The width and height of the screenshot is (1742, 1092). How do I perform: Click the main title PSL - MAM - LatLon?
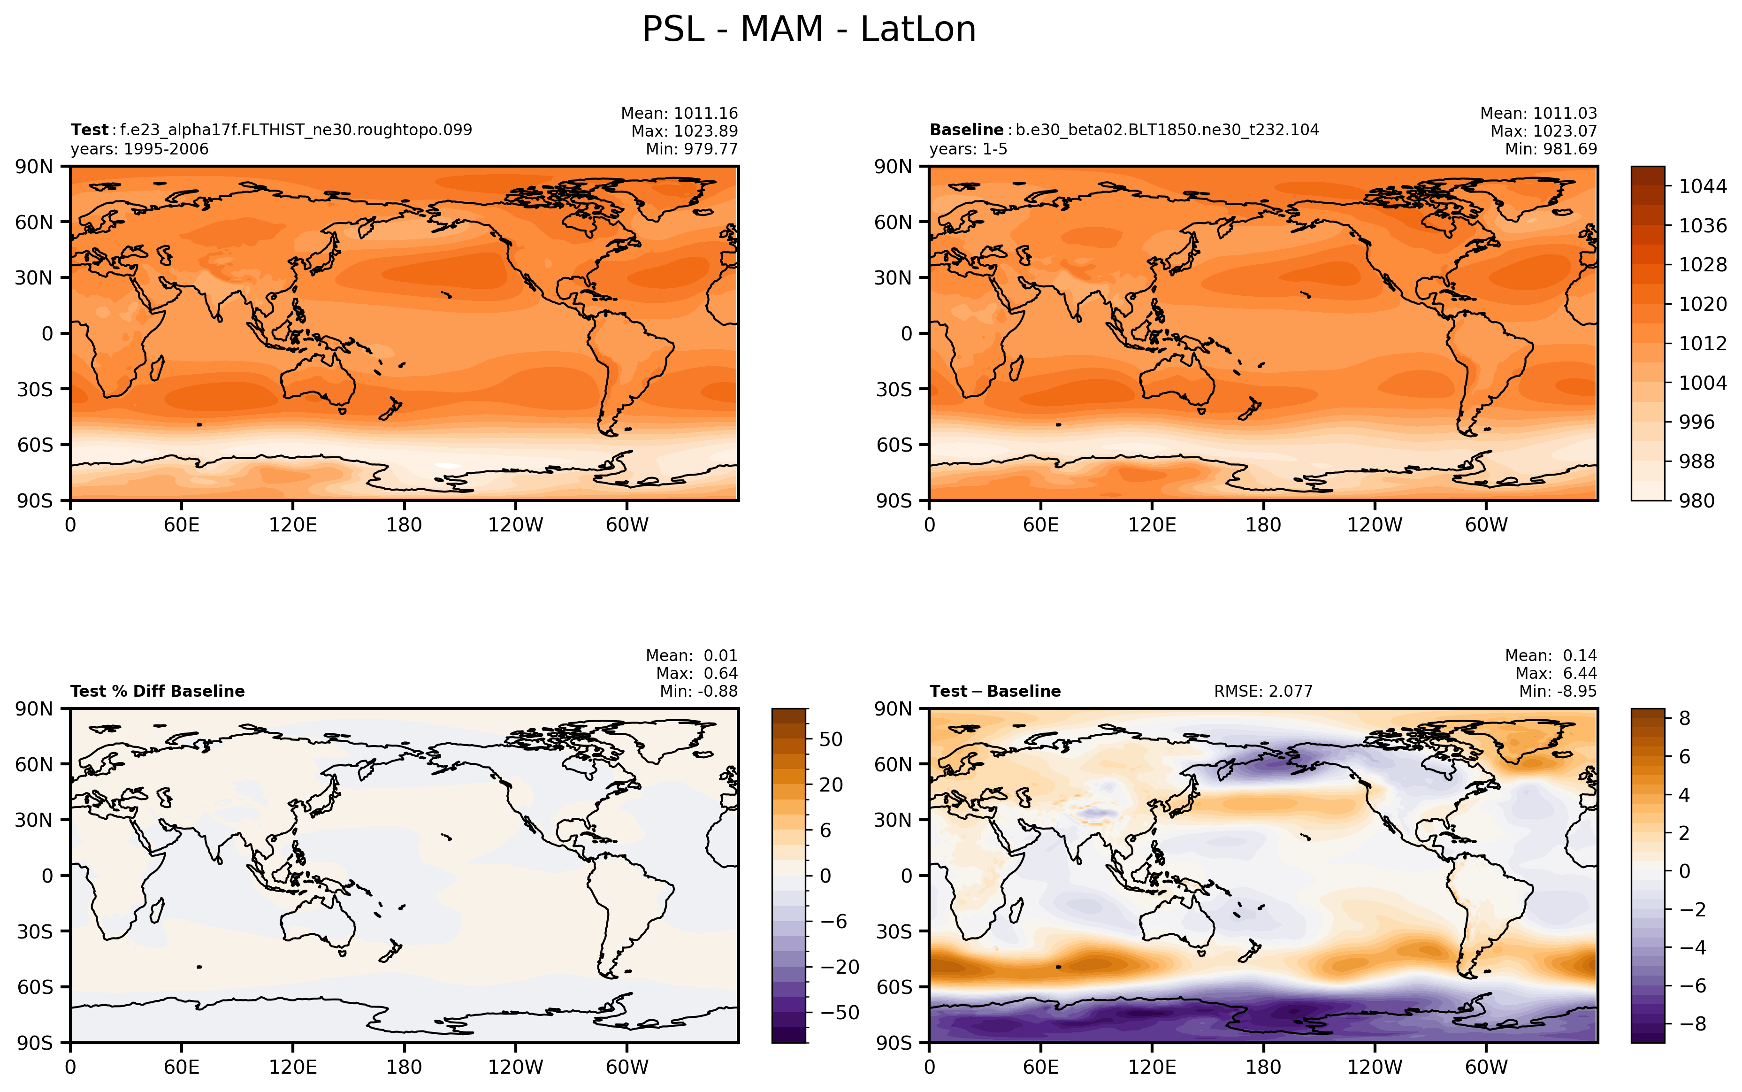pos(809,30)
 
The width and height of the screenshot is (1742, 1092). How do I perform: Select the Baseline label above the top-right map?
pos(966,130)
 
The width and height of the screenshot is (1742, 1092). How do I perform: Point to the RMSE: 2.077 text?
pos(1263,691)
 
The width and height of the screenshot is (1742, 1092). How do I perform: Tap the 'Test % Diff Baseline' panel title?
pos(157,691)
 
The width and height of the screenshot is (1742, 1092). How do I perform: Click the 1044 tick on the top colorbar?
pos(1702,186)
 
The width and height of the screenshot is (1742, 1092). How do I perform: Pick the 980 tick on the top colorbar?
pos(1696,500)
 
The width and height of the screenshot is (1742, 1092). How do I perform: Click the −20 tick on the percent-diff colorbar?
pos(840,967)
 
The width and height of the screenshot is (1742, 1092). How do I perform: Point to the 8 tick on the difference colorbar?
pos(1685,718)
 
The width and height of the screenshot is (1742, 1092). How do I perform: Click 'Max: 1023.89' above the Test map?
pos(684,131)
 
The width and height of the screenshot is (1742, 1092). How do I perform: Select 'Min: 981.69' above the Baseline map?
pos(1551,149)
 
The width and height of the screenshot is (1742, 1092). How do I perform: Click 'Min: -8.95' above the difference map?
pos(1558,691)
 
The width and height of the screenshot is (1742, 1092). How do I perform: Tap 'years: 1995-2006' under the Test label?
pos(139,149)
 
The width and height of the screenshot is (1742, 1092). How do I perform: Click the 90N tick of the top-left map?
pos(34,167)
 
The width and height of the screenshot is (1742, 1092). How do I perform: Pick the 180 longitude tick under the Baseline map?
pos(1263,524)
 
